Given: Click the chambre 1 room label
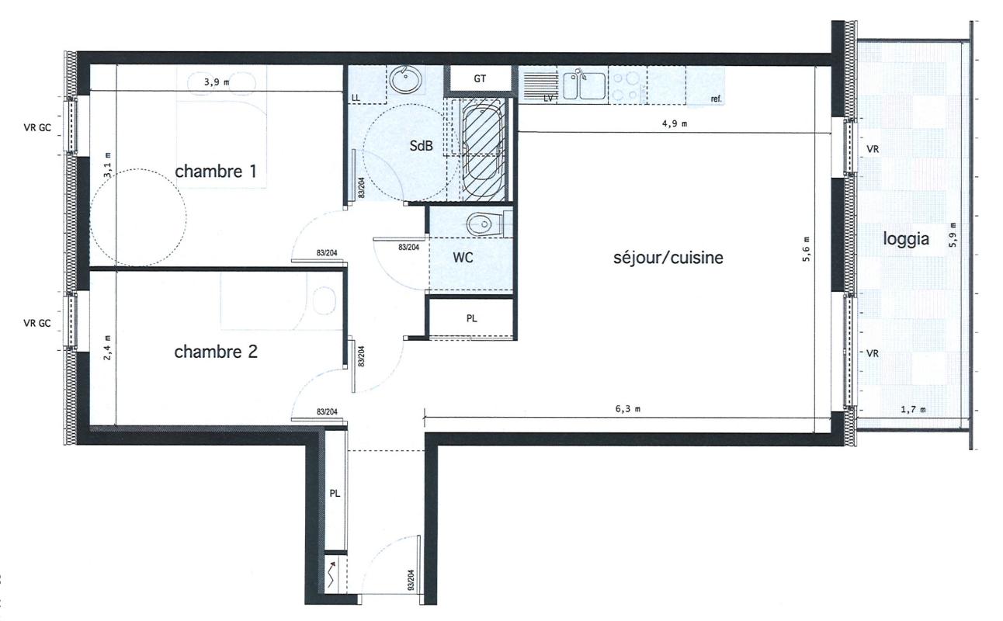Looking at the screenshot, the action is click(x=216, y=171).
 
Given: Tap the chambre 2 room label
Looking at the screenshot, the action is click(x=216, y=352).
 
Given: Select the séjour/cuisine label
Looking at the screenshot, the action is click(x=668, y=258).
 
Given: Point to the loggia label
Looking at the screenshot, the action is click(x=906, y=239).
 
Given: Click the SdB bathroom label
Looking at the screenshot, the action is click(x=422, y=145).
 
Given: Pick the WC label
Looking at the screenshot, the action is click(x=463, y=258).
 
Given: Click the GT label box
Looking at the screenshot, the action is click(x=480, y=79).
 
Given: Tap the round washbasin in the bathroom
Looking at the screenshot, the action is click(x=406, y=80).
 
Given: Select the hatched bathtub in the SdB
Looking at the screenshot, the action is click(x=482, y=150).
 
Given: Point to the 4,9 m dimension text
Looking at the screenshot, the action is click(x=675, y=124).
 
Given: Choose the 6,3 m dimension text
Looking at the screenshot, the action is click(x=628, y=409).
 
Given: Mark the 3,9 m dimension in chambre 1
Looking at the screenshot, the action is click(x=217, y=82).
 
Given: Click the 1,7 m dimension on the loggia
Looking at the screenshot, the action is click(x=913, y=409).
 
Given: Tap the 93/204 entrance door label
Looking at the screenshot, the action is click(x=411, y=580).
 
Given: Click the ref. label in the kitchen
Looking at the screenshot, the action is click(x=717, y=99).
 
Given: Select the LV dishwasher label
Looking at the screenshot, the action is click(x=548, y=98).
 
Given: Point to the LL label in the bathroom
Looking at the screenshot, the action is click(x=356, y=98).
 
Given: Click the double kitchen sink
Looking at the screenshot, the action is click(x=584, y=85).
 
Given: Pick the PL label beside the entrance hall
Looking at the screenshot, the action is click(x=335, y=494).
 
